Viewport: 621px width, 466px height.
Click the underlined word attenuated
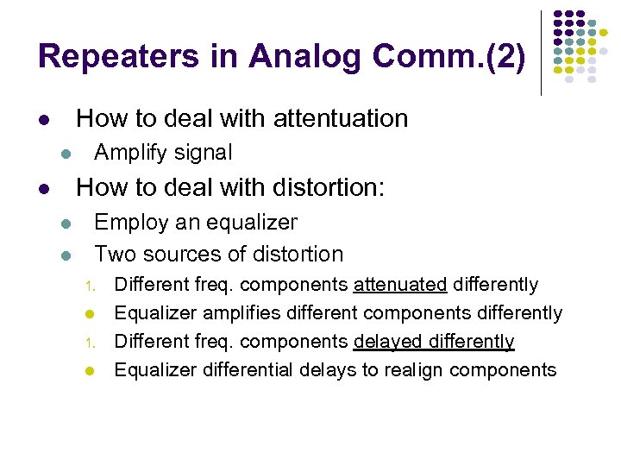click(399, 285)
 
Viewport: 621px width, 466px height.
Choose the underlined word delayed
click(386, 342)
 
